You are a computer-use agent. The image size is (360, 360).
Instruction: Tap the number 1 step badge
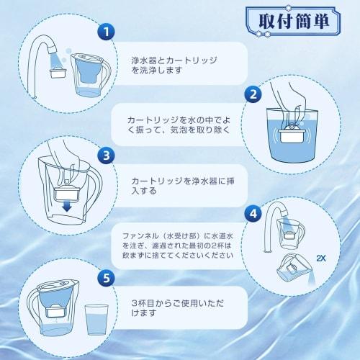coord(107,32)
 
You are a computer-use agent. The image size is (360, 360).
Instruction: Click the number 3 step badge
coord(107,154)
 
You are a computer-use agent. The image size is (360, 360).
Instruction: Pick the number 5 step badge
coord(107,276)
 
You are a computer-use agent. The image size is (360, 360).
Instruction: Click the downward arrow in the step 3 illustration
coord(66,207)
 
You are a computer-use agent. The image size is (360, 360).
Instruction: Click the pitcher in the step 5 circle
coord(51,312)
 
